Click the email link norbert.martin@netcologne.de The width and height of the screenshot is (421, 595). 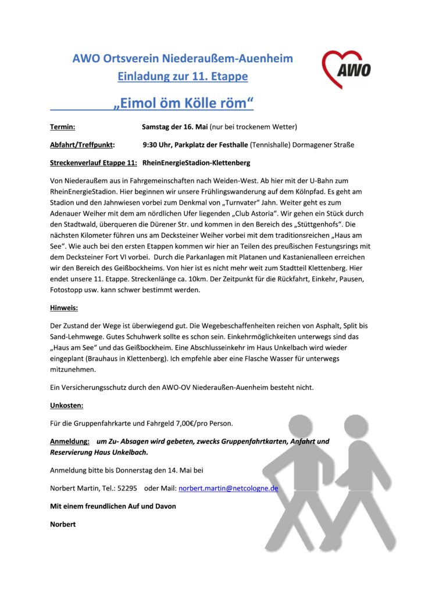(x=228, y=488)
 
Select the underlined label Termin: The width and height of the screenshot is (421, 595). (x=62, y=127)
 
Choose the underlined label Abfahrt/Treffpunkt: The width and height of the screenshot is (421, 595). (x=82, y=145)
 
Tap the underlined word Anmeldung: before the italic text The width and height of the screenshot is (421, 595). (x=70, y=442)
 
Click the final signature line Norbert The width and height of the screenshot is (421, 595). (x=63, y=524)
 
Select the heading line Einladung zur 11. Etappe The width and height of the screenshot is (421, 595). (x=183, y=76)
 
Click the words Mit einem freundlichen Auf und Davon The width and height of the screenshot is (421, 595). (x=113, y=506)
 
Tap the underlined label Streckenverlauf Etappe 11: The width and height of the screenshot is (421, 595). (x=94, y=163)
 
